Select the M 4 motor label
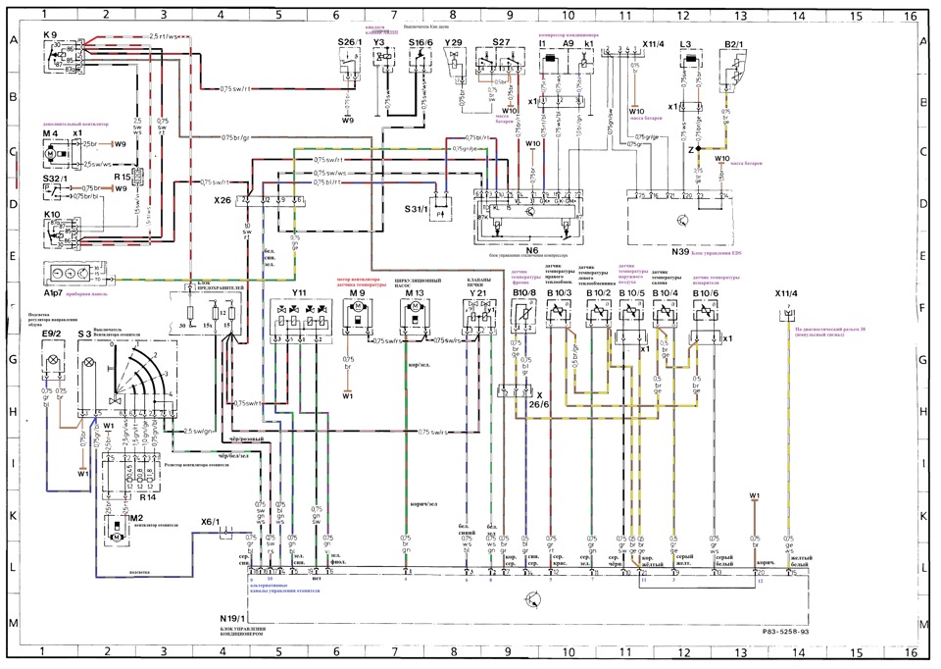pos(51,133)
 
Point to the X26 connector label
pos(223,200)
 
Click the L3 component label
pos(686,45)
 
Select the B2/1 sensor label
pos(733,45)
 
